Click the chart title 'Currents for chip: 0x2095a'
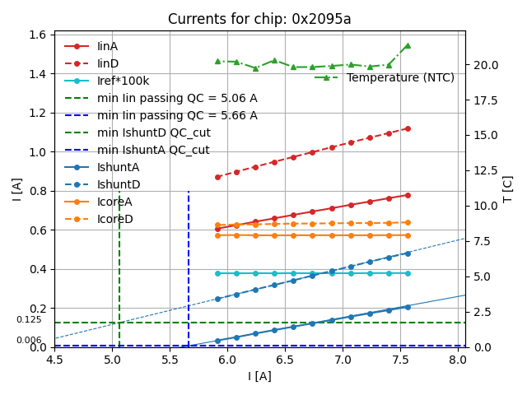pos(259,19)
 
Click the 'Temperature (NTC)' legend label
pos(400,77)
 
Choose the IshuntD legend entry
pos(119,184)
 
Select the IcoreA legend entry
pos(114,202)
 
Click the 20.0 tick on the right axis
pos(485,65)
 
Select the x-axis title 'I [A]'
pos(259,376)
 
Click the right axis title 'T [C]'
pos(508,188)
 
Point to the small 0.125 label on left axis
pos(29,320)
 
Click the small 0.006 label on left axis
pos(29,340)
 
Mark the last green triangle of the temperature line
pos(407,45)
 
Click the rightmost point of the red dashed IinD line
pos(407,128)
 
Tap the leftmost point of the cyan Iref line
pos(217,273)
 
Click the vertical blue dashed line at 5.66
pos(189,263)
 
